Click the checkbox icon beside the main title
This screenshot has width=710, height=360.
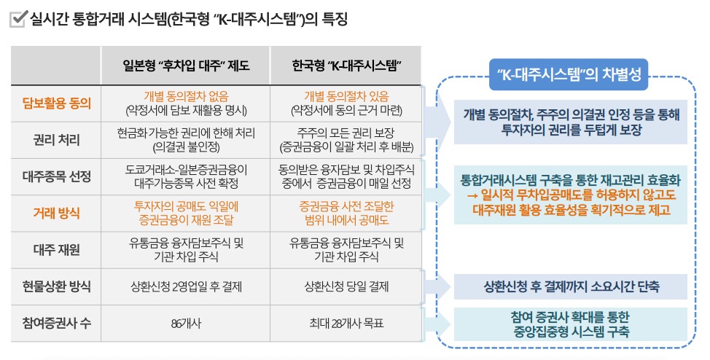18,19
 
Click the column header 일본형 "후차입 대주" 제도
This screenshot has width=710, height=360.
186,66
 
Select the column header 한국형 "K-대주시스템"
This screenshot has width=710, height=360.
346,66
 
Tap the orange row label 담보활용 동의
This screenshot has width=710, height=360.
57,103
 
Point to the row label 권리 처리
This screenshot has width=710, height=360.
57,140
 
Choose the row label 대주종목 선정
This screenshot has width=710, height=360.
57,176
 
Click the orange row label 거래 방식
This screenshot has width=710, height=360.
57,214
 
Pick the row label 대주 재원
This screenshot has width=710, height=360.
57,250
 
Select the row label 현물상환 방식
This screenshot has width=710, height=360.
57,286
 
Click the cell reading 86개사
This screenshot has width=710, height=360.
186,324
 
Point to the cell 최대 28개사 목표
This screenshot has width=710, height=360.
346,324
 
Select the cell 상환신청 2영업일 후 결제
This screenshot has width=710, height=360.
186,286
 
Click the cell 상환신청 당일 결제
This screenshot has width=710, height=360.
346,286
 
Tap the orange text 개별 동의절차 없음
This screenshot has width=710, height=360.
186,96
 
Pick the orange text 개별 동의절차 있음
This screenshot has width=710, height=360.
346,96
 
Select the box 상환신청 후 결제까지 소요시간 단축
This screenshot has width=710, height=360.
571,286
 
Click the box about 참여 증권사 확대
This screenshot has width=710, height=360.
571,324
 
